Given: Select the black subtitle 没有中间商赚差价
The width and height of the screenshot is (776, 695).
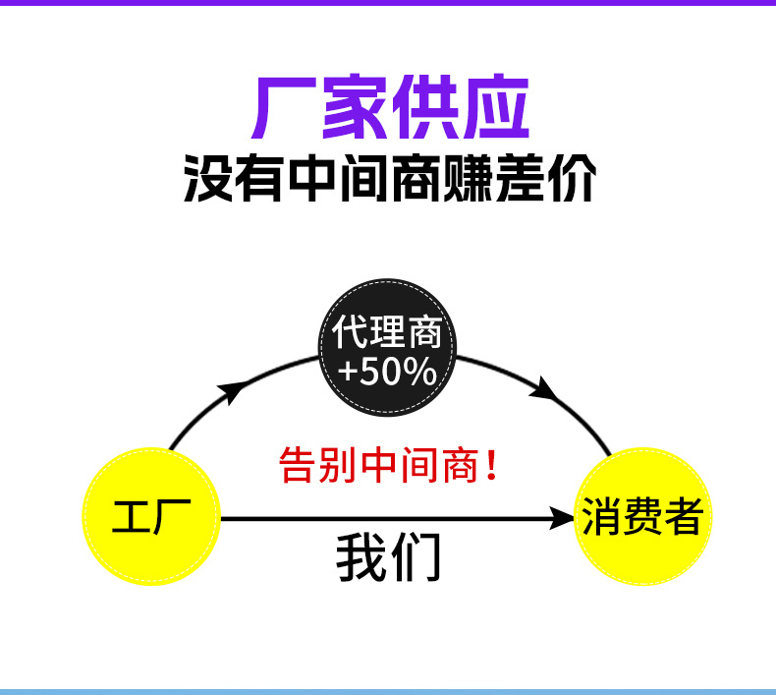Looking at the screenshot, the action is (x=389, y=179).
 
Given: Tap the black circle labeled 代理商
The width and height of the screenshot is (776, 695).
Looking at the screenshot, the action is (x=387, y=348).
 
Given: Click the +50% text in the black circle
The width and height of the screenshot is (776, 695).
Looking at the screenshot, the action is (x=387, y=371).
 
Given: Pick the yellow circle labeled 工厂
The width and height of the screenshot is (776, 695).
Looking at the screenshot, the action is (x=150, y=516).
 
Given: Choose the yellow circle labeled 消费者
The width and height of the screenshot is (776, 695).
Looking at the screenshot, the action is (x=642, y=516).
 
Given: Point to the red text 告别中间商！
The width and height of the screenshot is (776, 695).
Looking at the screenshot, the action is (x=389, y=464).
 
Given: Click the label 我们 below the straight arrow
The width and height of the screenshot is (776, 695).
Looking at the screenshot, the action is (x=388, y=557).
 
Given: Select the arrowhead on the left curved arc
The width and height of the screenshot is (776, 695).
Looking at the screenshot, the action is (x=233, y=391).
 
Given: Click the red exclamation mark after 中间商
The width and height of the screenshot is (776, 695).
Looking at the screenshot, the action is (x=491, y=464).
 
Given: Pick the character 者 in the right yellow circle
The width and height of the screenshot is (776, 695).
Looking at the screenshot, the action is (x=684, y=516).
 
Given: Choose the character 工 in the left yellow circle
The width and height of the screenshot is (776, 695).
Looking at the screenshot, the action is (x=131, y=516).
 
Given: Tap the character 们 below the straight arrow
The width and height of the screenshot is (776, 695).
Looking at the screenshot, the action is (x=416, y=557).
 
